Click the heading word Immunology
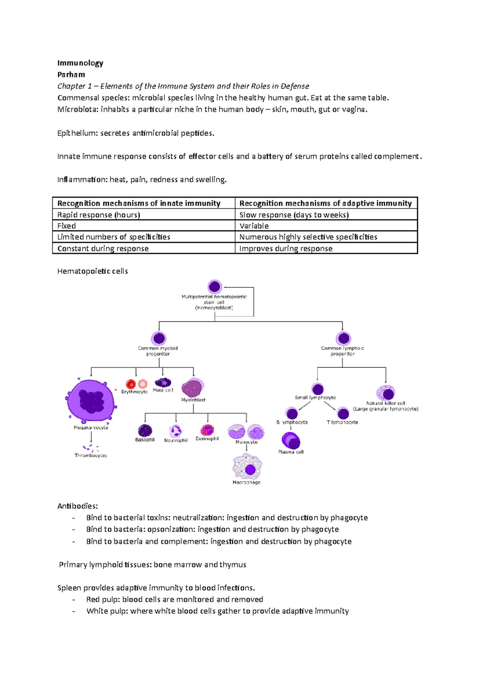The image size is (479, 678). point(80,63)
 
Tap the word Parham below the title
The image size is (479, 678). point(71,75)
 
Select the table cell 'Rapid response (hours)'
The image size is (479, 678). point(99,215)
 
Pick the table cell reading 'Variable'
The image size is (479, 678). point(254,226)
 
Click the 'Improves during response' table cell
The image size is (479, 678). point(286,248)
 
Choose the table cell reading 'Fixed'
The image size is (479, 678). point(66,226)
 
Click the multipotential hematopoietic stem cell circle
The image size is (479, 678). point(215,286)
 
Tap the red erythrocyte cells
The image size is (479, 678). point(136,384)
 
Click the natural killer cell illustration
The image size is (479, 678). point(386,393)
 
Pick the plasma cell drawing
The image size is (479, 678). point(291,441)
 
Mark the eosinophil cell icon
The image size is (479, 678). point(207,430)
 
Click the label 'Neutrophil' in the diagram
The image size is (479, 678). point(176,440)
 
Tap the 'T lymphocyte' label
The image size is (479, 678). point(342,422)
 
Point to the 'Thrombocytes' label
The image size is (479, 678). point(91,455)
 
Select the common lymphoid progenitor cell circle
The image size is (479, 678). point(343,339)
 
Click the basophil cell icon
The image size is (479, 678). point(145,430)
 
